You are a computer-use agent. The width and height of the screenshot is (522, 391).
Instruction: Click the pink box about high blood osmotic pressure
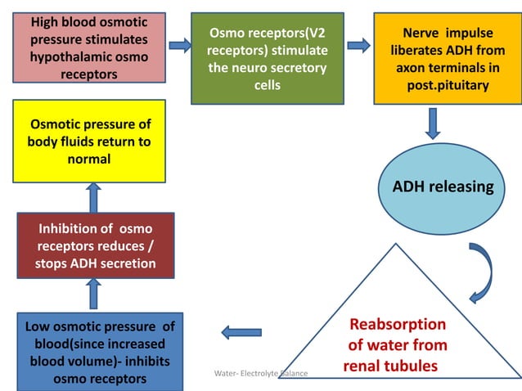pos(89,47)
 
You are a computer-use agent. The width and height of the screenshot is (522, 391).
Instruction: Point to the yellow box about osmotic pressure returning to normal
pos(89,141)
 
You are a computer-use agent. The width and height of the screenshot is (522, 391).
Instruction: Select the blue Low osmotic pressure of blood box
pos(98,350)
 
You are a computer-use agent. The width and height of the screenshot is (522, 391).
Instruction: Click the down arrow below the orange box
pos(434,123)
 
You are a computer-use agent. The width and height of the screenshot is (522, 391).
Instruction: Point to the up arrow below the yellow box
pos(93,196)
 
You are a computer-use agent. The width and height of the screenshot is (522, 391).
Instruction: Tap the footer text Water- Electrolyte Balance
pos(260,373)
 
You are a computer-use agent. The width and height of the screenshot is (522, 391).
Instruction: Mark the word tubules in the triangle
pos(412,366)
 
